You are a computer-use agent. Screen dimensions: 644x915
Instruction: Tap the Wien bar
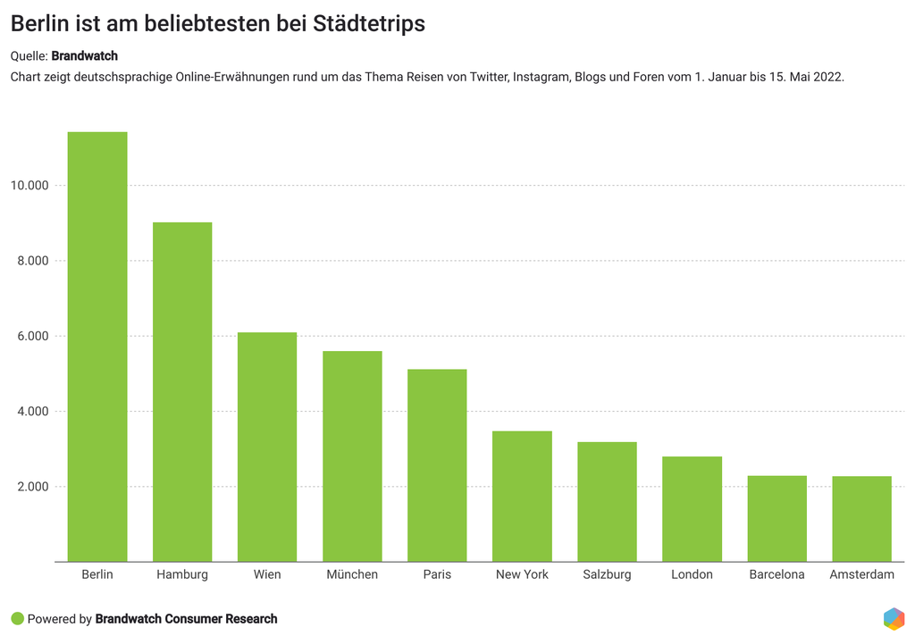267,447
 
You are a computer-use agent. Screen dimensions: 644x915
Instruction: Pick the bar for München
352,456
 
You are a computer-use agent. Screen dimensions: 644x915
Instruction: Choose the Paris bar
437,465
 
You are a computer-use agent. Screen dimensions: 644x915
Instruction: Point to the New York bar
522,496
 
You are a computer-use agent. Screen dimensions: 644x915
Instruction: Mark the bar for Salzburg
607,501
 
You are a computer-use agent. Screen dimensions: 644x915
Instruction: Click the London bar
692,509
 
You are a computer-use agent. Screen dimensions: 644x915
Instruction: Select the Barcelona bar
776,518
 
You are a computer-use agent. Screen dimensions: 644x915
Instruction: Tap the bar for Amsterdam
861,519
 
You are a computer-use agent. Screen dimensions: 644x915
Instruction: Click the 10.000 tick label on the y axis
30,186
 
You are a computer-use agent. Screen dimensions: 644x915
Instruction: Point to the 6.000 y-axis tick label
34,337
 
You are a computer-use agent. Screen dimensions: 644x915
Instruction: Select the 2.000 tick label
34,487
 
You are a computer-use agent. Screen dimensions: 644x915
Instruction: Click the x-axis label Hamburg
182,574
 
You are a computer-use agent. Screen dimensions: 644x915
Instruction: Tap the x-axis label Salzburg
607,574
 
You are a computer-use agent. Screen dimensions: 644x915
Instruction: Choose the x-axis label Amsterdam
861,574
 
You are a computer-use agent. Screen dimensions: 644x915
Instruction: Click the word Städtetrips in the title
369,25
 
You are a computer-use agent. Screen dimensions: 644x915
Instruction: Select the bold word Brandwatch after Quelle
84,56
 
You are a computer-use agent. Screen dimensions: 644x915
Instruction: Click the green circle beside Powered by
17,619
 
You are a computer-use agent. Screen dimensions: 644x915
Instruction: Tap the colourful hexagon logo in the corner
893,618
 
